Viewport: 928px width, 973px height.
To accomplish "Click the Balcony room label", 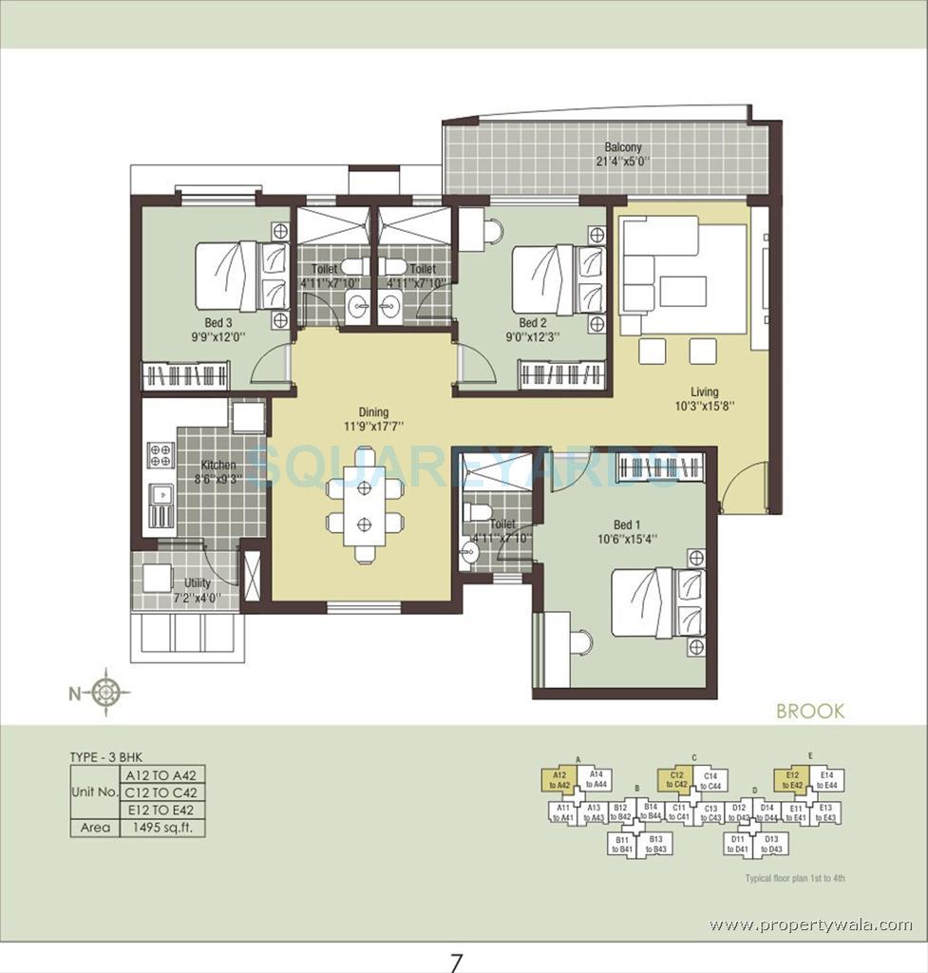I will click(x=623, y=147).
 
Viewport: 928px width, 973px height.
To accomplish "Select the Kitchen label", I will click(x=218, y=465).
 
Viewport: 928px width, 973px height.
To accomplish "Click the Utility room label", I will click(x=198, y=582).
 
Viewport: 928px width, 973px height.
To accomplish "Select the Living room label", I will click(x=705, y=391).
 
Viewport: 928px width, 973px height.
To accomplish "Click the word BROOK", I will click(x=809, y=712).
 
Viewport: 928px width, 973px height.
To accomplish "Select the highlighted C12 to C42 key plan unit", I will click(x=676, y=780).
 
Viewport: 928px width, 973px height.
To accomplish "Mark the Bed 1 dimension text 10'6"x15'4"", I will click(x=625, y=539).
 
